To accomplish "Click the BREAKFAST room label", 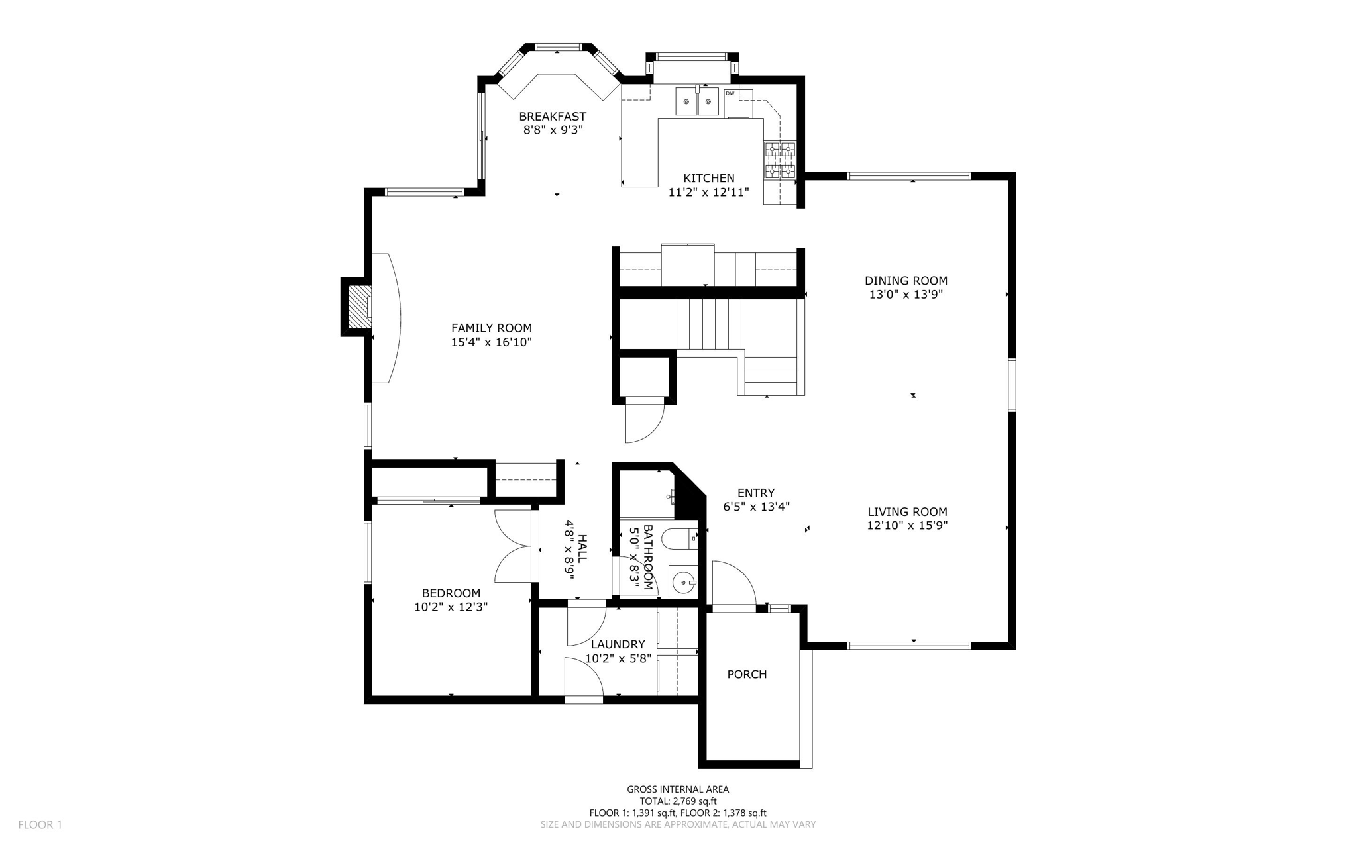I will (552, 117).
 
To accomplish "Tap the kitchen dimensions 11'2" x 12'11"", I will (708, 193).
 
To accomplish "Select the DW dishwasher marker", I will (730, 93).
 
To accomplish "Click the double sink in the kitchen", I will (697, 102).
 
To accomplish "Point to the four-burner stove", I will (780, 160).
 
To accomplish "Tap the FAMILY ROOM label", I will (491, 328).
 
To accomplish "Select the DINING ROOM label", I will (906, 281).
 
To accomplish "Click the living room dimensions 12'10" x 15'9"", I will (907, 526).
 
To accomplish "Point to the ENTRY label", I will (755, 493).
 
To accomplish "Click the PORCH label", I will (747, 674).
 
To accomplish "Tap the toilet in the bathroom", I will (680, 540).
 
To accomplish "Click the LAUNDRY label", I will (618, 644).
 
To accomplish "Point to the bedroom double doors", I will (514, 546).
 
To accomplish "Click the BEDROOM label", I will (451, 593).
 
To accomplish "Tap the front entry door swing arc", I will (733, 583).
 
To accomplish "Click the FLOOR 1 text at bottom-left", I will (40, 824).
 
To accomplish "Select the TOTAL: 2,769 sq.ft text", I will (678, 801).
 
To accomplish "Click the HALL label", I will (582, 548).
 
